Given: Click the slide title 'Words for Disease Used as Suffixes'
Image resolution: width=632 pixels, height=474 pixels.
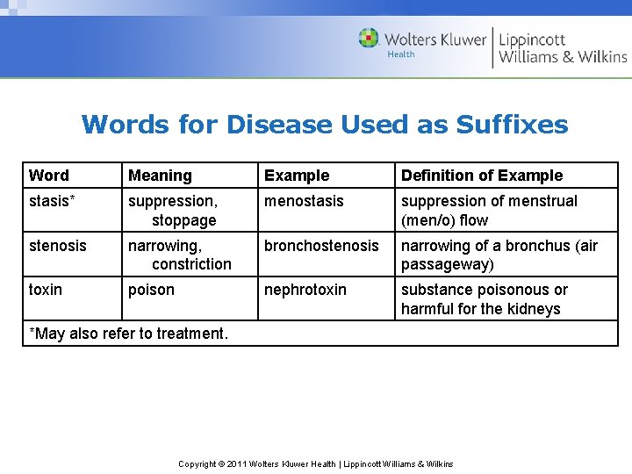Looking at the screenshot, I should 325,125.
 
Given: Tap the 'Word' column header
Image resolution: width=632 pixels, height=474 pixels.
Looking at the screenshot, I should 48,176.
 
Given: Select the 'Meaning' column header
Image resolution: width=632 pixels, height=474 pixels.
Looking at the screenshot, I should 160,176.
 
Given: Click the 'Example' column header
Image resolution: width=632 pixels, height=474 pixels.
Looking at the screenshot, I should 297,176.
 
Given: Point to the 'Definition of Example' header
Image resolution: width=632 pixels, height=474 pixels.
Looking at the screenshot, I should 482,176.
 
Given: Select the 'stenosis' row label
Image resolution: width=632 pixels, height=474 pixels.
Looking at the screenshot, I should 58,246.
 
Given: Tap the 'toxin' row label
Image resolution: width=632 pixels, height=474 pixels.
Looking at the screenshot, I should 46,290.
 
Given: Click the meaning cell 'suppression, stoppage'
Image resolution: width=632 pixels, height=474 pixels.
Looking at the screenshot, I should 172,211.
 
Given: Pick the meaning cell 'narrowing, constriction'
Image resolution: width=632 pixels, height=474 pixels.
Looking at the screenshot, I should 180,255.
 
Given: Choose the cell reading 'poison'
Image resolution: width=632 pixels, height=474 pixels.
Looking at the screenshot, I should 151,290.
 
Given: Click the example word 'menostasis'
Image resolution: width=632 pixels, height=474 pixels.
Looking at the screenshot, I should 304,201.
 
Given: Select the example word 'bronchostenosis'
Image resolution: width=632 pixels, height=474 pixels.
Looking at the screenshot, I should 321,246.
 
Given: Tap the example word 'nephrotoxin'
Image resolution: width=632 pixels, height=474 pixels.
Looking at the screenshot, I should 305,290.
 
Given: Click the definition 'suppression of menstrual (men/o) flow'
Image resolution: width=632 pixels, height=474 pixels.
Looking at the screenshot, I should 489,211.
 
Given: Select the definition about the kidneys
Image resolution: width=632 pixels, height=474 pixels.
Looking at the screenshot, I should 485,299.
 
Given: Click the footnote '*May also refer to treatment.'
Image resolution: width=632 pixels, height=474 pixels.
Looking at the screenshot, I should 128,334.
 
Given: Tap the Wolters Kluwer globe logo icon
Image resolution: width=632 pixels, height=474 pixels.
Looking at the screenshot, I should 369,39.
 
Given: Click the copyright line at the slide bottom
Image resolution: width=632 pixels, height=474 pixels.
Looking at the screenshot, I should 316,463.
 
